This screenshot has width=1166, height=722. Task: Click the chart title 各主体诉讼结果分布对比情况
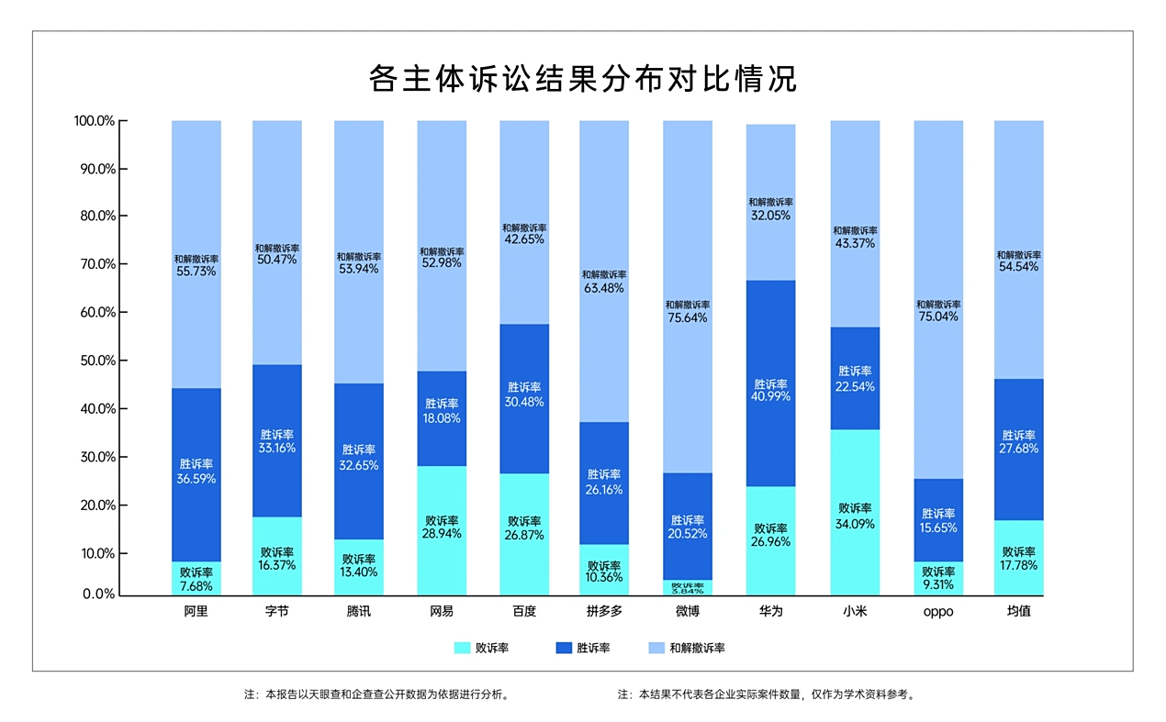click(582, 79)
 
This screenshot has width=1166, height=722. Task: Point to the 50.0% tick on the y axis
click(95, 361)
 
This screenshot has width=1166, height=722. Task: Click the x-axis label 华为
click(770, 612)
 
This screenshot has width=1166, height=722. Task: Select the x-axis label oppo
click(937, 612)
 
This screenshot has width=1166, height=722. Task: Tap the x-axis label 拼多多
click(604, 612)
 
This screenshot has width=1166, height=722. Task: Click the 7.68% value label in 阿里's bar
click(196, 585)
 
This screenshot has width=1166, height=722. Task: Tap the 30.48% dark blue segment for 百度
click(524, 399)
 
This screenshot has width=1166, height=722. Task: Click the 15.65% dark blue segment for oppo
click(938, 520)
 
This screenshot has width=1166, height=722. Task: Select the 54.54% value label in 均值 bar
click(1019, 267)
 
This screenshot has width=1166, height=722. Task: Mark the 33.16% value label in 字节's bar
click(277, 449)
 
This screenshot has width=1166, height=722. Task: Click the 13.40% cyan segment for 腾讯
click(359, 567)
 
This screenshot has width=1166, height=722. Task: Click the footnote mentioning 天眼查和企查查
click(376, 694)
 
